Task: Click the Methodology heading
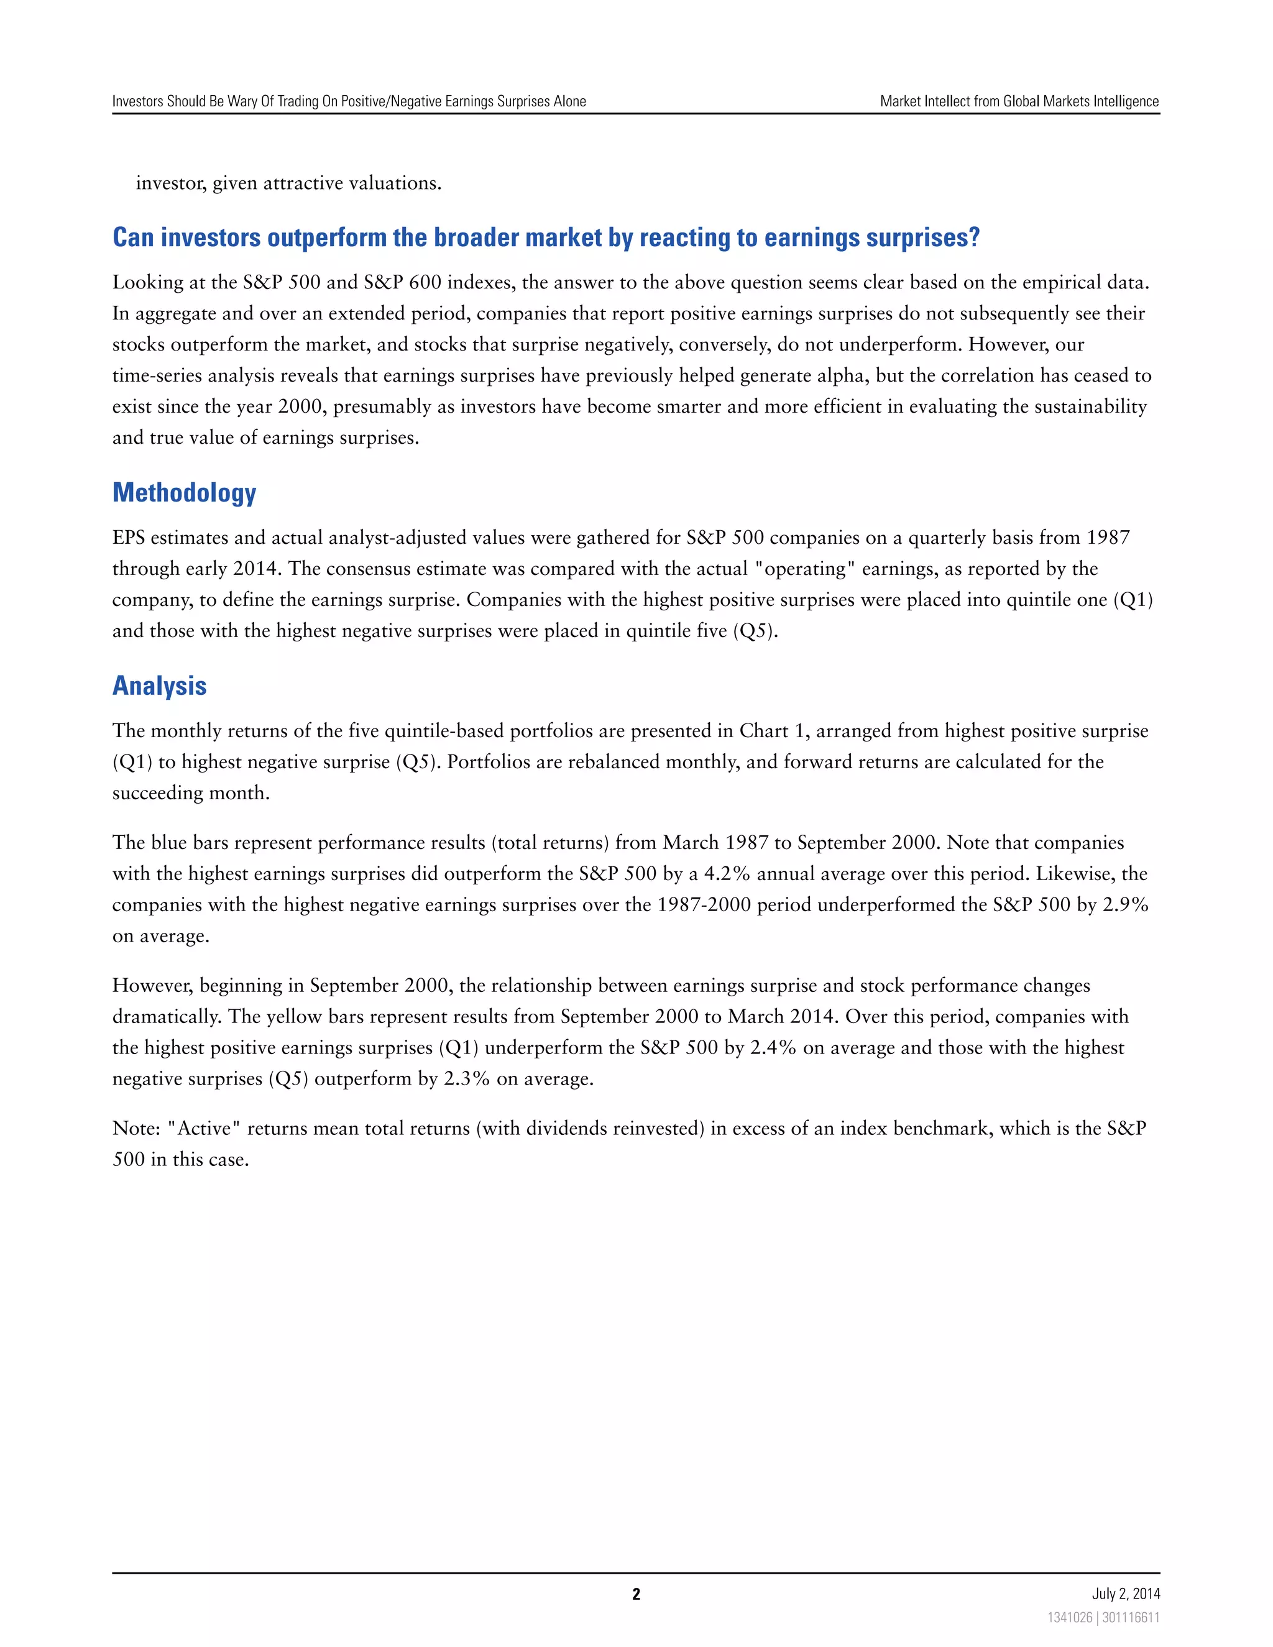pyautogui.click(x=184, y=493)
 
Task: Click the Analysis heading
pyautogui.click(x=159, y=686)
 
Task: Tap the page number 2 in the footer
pyautogui.click(x=636, y=1594)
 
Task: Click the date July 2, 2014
pyautogui.click(x=1125, y=1594)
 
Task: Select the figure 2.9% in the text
pyautogui.click(x=1125, y=905)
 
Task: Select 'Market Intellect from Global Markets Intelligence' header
pyautogui.click(x=1019, y=101)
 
